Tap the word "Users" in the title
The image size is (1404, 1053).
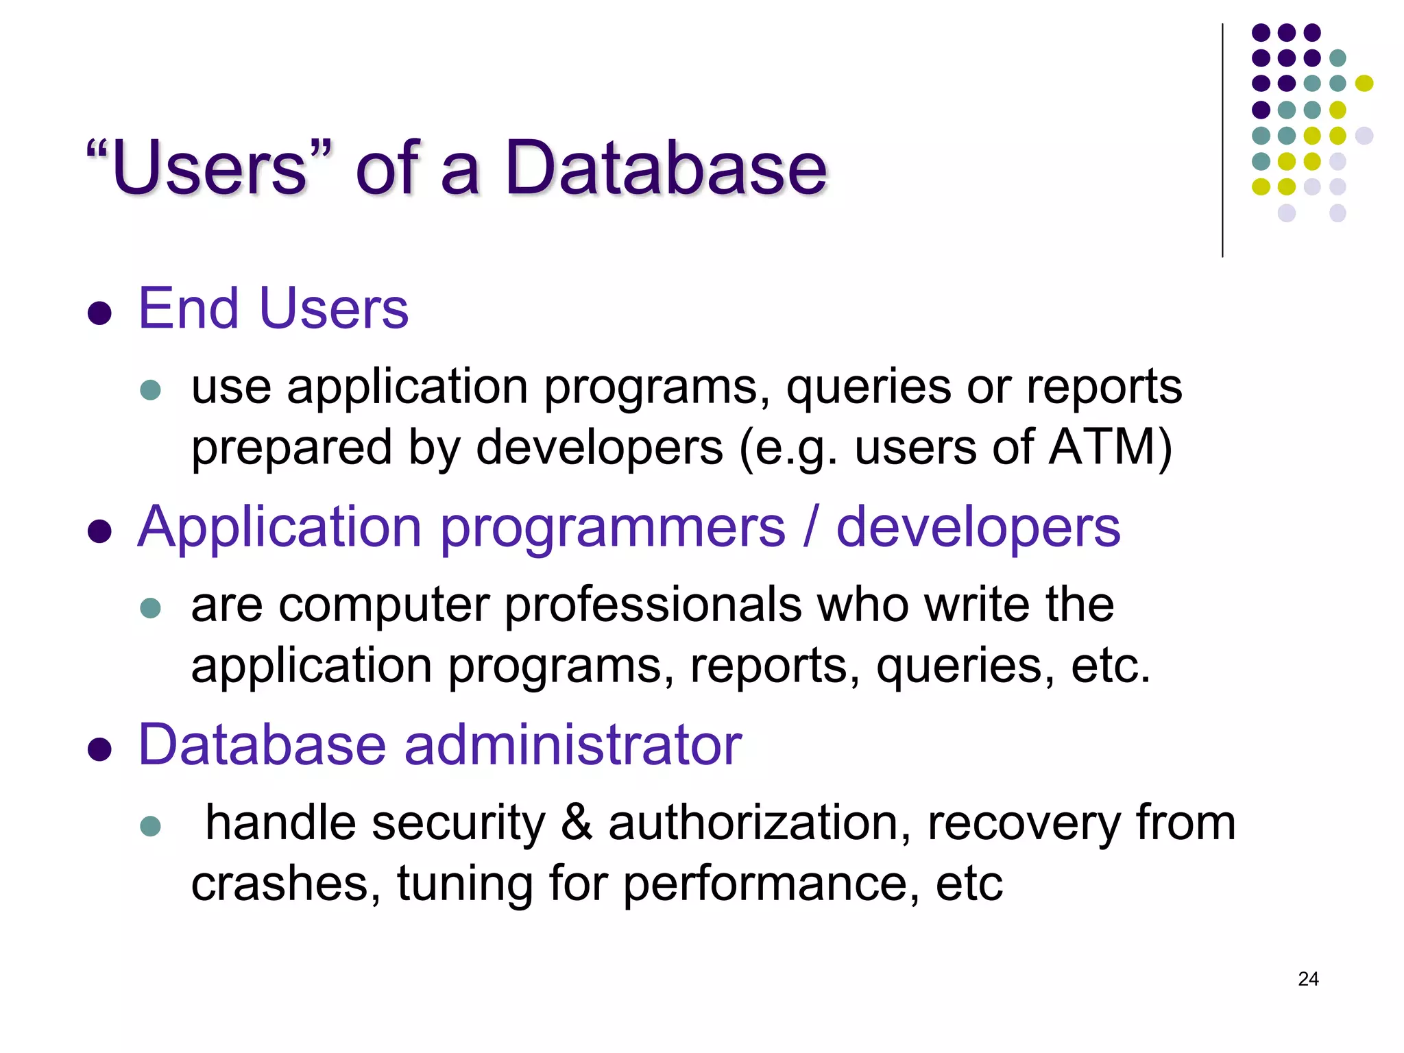point(209,168)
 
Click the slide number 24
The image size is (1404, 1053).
point(1308,979)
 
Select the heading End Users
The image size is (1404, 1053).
point(273,309)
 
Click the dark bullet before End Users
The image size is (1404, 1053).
point(100,313)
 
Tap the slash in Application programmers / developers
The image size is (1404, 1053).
point(811,528)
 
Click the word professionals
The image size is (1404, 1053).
point(653,605)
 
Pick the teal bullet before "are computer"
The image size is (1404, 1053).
point(150,608)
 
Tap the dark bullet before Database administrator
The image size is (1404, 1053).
point(100,750)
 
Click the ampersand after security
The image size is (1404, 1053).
point(576,823)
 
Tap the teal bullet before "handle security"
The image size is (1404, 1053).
point(150,825)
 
